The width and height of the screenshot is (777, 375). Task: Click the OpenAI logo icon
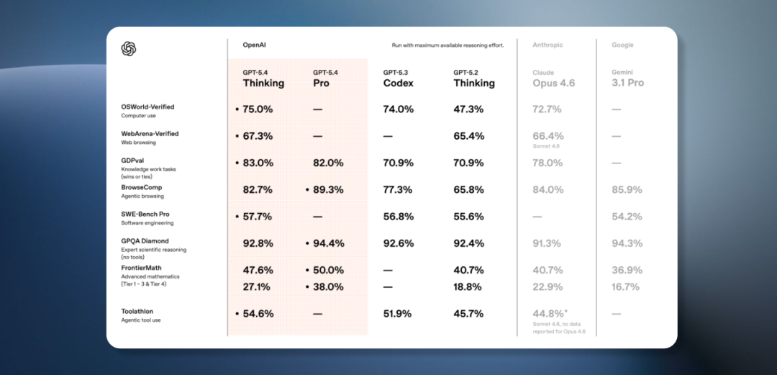tap(129, 48)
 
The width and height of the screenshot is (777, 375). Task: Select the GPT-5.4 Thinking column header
tap(263, 78)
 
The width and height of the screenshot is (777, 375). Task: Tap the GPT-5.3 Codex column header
tap(398, 78)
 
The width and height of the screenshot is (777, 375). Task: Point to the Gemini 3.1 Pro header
tap(628, 78)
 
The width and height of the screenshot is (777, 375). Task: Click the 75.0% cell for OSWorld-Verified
tap(258, 109)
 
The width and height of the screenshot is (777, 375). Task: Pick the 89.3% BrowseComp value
tap(328, 190)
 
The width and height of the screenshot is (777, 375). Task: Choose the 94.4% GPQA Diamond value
tap(328, 243)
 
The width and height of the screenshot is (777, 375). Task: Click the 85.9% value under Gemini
tap(626, 190)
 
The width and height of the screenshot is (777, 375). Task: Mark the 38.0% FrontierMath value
tap(328, 286)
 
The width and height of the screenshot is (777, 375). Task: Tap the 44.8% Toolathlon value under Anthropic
tap(549, 314)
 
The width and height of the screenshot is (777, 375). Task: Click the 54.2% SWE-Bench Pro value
tap(626, 217)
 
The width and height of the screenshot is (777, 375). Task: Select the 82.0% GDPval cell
tap(328, 163)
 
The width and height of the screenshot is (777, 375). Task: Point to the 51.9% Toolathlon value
tap(398, 314)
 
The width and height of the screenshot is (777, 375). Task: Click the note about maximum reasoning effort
tap(447, 45)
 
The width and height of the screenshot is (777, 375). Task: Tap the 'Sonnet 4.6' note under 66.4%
tap(546, 147)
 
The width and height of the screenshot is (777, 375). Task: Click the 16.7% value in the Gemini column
tap(624, 286)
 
